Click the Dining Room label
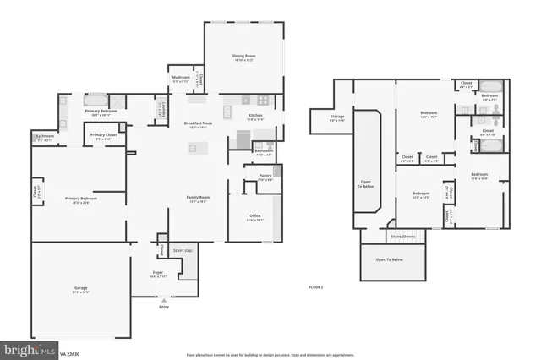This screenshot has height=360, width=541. (243, 57)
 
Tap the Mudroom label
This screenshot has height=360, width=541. (181, 77)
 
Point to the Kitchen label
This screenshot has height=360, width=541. (254, 117)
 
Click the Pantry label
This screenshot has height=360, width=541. (265, 177)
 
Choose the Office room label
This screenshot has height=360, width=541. (254, 217)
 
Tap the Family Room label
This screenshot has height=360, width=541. (198, 199)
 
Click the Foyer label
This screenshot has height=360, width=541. (158, 273)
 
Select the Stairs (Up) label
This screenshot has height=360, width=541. (181, 251)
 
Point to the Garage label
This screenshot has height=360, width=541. (81, 289)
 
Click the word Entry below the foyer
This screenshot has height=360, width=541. (164, 306)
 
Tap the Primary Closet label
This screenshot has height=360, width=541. (103, 136)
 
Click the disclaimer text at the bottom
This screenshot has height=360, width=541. (270, 355)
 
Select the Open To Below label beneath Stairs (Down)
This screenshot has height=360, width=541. (394, 259)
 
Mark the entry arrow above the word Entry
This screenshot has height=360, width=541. (164, 298)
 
